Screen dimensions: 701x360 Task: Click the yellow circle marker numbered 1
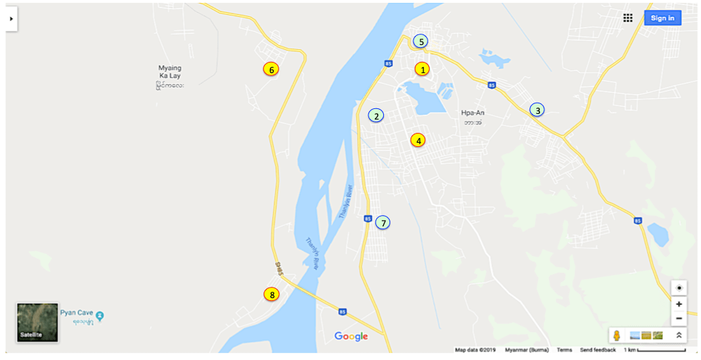tap(422, 69)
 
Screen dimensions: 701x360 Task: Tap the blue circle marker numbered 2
tap(376, 116)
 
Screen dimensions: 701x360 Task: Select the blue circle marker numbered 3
tap(537, 110)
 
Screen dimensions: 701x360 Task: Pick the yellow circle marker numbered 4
tap(418, 140)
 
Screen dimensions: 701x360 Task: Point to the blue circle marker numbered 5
tap(420, 41)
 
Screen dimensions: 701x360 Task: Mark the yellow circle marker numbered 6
tap(271, 69)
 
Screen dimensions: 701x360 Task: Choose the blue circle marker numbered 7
tap(382, 223)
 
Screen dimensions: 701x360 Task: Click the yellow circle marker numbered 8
tap(271, 295)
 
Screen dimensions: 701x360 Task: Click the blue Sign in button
tap(662, 18)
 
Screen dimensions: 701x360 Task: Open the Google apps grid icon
tap(628, 18)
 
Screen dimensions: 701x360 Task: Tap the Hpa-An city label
tap(473, 112)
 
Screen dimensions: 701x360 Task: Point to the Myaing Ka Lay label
tap(171, 72)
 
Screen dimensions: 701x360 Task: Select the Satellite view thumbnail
tap(37, 322)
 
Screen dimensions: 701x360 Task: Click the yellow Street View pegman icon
tap(617, 335)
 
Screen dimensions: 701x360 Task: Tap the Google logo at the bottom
tap(351, 337)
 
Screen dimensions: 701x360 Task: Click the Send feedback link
tap(598, 350)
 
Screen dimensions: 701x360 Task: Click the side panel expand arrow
tap(11, 19)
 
